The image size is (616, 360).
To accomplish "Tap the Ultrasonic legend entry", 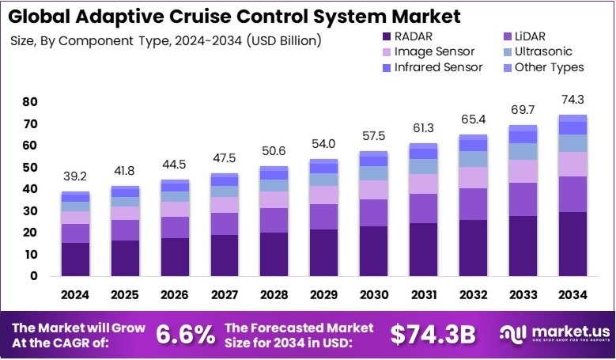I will [x=542, y=51].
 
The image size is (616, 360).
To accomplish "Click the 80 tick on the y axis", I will [x=30, y=102].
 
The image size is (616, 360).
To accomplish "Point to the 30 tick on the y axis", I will [x=30, y=211].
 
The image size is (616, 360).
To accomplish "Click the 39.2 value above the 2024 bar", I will [x=75, y=178].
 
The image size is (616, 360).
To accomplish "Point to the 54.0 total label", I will [x=323, y=145].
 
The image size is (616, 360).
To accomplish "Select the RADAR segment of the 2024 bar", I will [x=75, y=260].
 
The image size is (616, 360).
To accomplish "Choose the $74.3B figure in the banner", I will [x=433, y=335].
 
